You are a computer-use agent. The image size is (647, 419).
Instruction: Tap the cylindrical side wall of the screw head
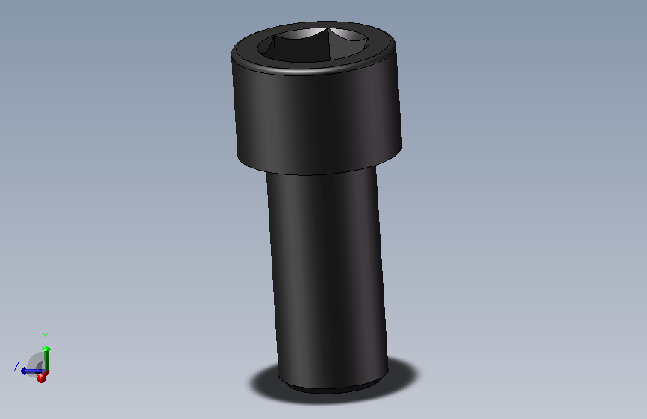point(317,119)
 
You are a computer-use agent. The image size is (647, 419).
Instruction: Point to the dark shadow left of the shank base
point(264,382)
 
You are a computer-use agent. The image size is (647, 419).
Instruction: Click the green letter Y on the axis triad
point(46,336)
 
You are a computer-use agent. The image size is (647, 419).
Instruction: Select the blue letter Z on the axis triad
point(16,365)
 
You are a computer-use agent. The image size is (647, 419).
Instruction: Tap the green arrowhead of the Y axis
point(46,347)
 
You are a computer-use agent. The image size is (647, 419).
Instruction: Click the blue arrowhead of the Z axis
point(24,371)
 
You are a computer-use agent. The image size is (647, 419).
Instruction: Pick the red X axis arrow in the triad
point(41,378)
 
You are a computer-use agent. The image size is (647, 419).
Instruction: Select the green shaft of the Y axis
point(46,360)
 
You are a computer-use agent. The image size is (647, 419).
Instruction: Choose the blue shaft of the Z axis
point(34,371)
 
